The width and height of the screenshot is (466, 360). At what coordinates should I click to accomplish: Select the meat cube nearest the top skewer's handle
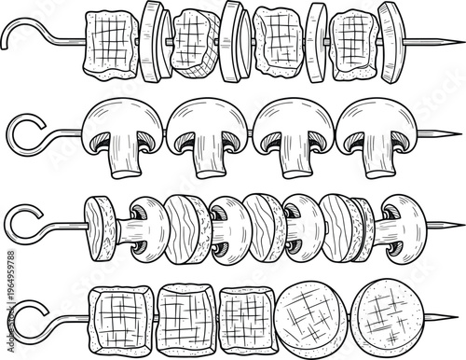pyautogui.click(x=111, y=43)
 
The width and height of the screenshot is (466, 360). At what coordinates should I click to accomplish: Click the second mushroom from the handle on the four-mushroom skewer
pyautogui.click(x=207, y=135)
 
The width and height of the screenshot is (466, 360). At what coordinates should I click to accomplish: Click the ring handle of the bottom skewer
pyautogui.click(x=23, y=315)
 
